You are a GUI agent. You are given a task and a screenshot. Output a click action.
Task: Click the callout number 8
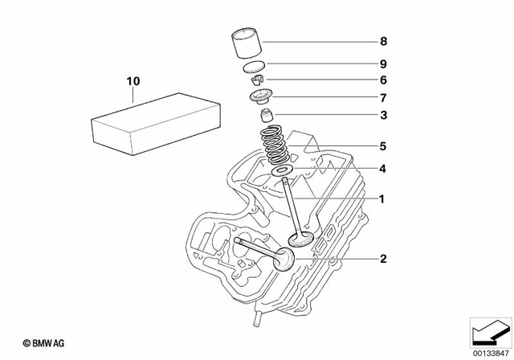pos(384,40)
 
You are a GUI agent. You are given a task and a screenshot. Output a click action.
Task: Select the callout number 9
pos(384,63)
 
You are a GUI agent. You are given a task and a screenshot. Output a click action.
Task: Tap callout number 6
pos(384,80)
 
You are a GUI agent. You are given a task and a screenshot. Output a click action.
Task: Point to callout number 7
pos(384,97)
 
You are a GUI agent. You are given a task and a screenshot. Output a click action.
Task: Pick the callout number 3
pos(384,116)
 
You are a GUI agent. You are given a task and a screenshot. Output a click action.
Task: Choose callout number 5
pos(384,146)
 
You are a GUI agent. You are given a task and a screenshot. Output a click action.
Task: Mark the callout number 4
pos(384,170)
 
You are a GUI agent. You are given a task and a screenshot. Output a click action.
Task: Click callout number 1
pos(384,198)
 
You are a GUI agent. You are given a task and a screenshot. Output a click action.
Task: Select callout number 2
pos(384,259)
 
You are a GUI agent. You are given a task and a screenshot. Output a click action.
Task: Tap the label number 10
pos(133,81)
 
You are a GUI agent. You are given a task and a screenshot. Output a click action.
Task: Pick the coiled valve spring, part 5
pos(277,145)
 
